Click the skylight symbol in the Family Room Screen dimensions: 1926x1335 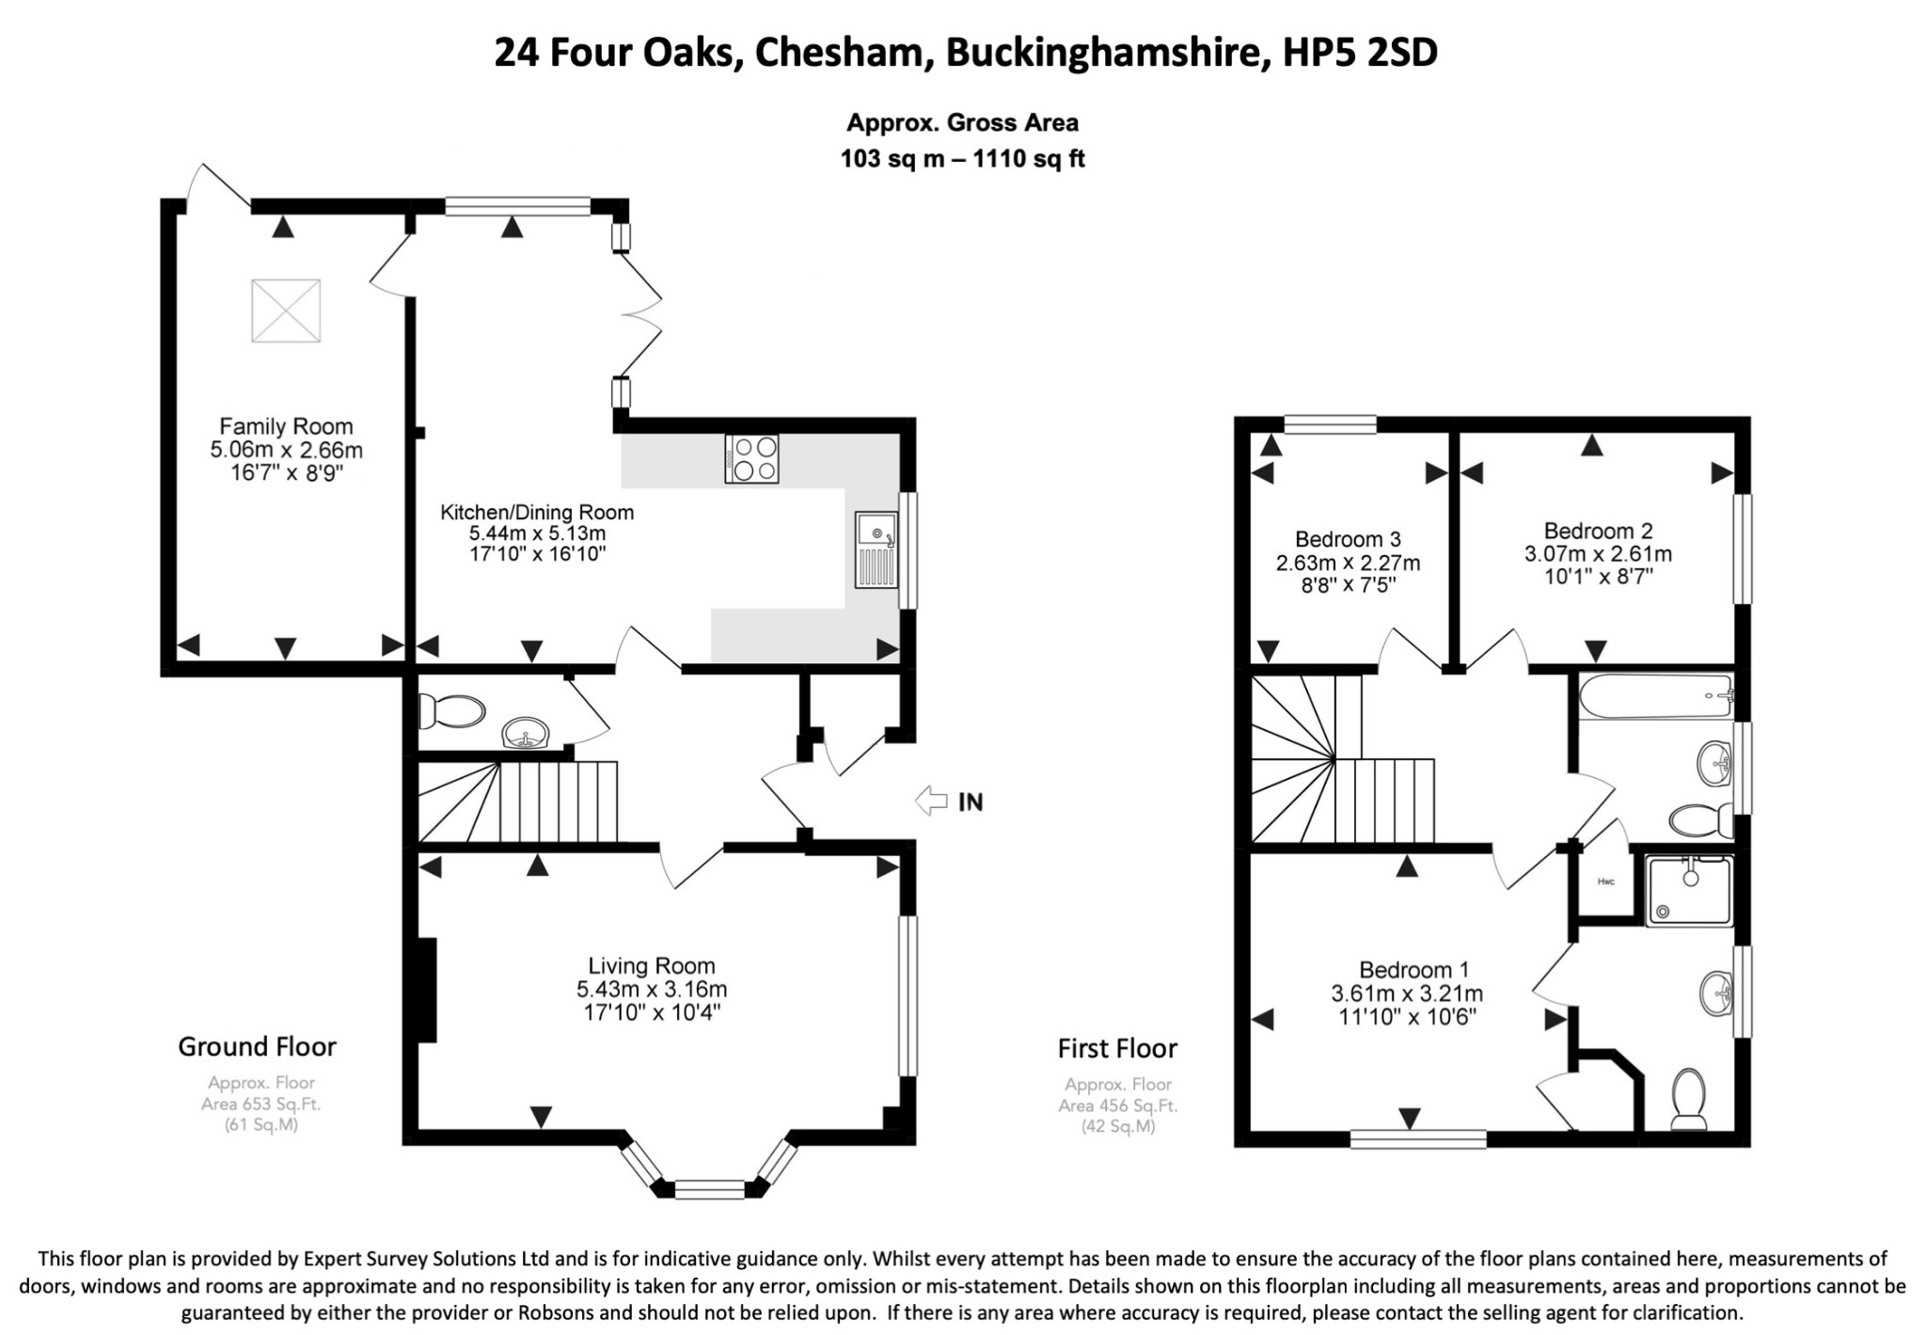[286, 311]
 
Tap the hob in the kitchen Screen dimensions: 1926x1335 [751, 458]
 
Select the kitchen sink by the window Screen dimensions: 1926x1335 [876, 549]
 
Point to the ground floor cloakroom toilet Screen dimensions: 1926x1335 [450, 711]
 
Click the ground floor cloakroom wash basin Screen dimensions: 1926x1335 [528, 734]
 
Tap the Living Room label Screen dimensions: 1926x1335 [652, 965]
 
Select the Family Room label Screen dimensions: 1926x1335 [286, 426]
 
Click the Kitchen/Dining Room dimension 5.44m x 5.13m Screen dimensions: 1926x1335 [537, 533]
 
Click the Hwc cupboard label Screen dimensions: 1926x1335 [1605, 882]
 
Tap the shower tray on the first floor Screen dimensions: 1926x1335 [1689, 889]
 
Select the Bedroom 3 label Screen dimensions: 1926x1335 [1348, 539]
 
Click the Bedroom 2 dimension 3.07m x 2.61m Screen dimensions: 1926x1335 [1598, 554]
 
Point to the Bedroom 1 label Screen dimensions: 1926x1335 [1413, 969]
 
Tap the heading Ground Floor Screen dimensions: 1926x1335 [257, 1046]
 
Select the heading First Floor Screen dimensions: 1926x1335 [1117, 1048]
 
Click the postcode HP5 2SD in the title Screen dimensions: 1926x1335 [1361, 53]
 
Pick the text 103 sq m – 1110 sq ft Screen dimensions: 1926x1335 [962, 159]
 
